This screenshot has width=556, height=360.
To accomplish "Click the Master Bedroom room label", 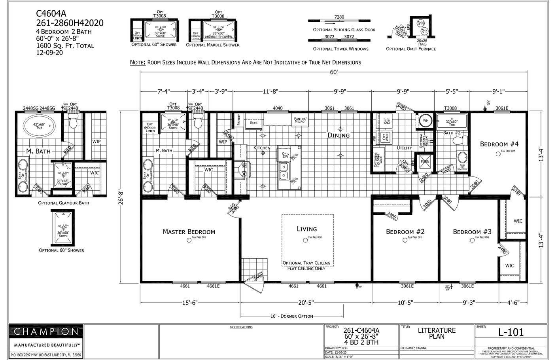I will click(189, 232).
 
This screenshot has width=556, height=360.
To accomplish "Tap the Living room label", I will click(306, 229).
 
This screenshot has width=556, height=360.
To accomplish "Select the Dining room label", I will click(339, 135).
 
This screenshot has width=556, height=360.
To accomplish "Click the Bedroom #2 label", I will click(405, 232).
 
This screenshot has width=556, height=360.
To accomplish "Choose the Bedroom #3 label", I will click(472, 232).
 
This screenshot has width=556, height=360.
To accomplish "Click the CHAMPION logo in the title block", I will click(46, 332).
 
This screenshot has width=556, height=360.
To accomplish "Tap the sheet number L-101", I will click(511, 332).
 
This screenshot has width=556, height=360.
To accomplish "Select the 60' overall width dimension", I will click(334, 72).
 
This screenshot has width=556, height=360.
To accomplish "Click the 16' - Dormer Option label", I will click(292, 316).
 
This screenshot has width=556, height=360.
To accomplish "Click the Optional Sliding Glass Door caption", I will click(344, 30).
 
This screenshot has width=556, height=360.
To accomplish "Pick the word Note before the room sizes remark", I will click(138, 63).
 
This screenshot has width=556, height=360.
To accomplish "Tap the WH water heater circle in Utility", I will click(426, 121).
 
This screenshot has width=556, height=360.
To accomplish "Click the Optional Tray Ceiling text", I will click(306, 263).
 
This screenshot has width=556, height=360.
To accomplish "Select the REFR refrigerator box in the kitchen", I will click(253, 123).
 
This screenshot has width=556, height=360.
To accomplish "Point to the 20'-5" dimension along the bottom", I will click(306, 303).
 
